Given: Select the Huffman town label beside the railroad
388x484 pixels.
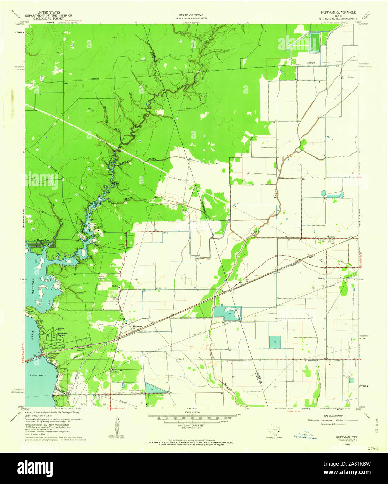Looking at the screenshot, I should (138, 326).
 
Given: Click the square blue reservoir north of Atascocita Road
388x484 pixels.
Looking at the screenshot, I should (275, 342).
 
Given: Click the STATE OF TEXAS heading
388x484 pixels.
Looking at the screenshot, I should (191, 16).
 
